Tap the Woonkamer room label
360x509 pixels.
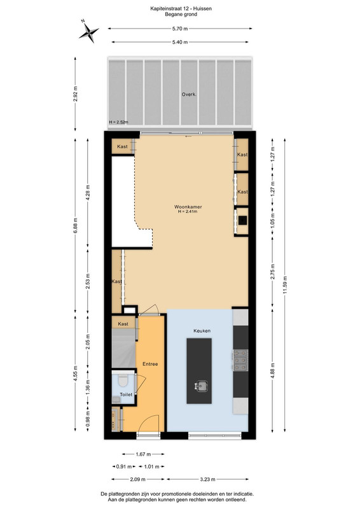188,207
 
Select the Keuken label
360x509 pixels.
202,331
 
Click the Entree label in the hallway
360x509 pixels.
150,364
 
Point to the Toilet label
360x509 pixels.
126,394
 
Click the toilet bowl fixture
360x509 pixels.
123,380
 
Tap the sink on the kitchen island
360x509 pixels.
202,386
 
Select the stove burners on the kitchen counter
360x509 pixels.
240,360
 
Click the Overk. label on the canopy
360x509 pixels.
189,94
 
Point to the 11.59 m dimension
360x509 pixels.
285,285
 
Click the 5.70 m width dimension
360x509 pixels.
180,29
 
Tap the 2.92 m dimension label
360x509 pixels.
75,94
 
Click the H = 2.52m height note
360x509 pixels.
118,122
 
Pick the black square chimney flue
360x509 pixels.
242,220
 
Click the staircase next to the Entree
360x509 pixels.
123,348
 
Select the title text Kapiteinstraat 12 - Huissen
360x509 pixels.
181,9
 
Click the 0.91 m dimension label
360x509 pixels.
124,467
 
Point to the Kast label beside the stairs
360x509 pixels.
123,324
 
